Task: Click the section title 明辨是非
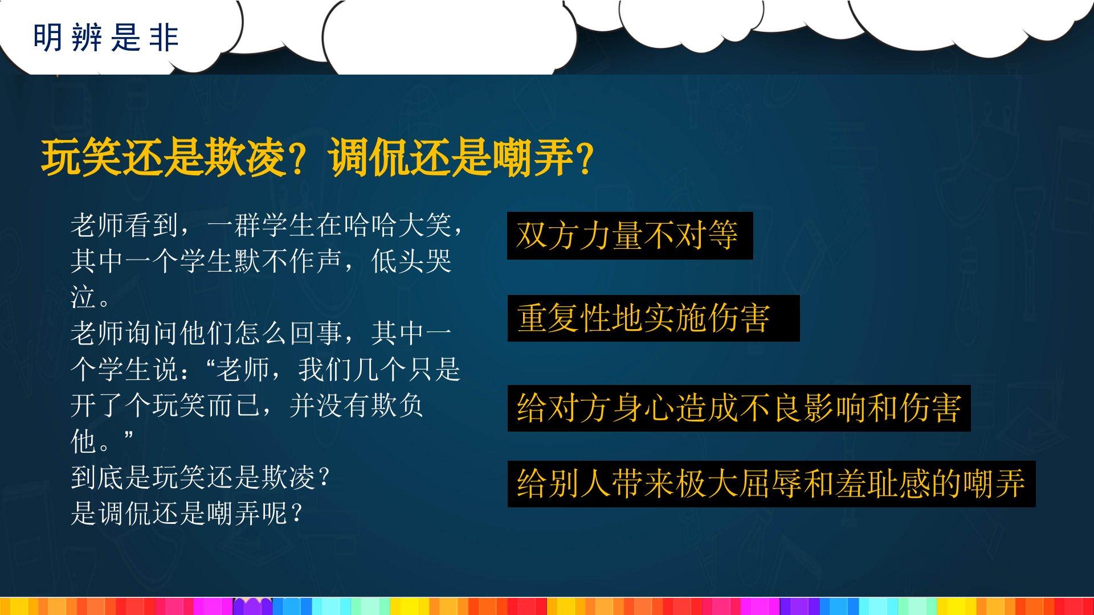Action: point(106,38)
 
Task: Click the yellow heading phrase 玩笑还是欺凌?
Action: point(173,158)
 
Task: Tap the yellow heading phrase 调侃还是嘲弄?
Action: point(462,158)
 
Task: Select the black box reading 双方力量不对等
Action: point(630,236)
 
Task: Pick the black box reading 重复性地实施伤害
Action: point(654,318)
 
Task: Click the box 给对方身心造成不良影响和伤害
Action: point(739,408)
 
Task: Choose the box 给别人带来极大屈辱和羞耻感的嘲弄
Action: point(771,484)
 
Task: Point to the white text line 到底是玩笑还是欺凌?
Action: point(200,477)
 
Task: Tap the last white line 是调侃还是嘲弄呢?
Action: point(186,513)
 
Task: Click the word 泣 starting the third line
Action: point(83,297)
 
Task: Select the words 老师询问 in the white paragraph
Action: point(125,333)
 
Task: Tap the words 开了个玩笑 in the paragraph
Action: point(138,405)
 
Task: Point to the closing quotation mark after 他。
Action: point(127,436)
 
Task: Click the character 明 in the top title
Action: point(47,38)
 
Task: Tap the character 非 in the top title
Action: point(165,38)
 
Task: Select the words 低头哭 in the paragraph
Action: point(411,261)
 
